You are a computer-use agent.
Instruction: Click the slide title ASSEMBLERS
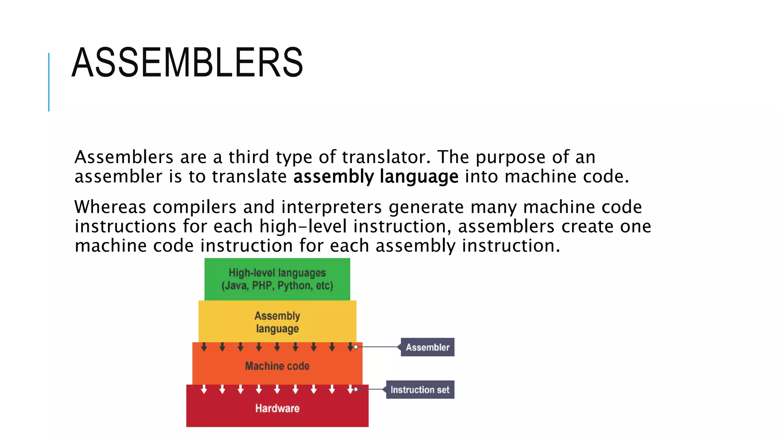point(187,62)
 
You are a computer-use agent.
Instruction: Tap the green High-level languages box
point(277,279)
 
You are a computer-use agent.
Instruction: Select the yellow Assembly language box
point(277,322)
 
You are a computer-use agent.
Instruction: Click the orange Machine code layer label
point(277,366)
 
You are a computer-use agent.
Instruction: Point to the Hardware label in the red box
point(277,409)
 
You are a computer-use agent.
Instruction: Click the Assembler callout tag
point(427,347)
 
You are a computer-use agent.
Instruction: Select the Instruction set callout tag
point(420,390)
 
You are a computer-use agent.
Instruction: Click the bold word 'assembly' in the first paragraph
point(334,177)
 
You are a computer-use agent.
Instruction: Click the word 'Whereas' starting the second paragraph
point(110,207)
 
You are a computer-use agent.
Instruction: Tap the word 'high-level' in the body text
point(303,227)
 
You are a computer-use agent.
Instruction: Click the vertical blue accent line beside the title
point(49,82)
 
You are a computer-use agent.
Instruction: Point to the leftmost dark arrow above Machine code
point(204,347)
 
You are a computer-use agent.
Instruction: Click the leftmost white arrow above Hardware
point(204,389)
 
